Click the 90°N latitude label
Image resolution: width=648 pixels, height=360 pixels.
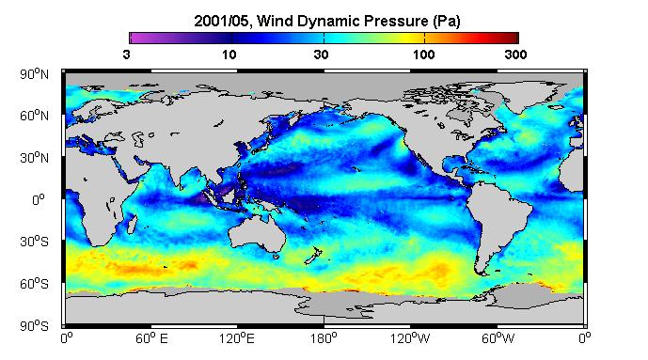pos(34,74)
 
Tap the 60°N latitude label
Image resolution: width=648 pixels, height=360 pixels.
pos(34,116)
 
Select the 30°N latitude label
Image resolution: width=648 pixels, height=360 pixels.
pos(34,158)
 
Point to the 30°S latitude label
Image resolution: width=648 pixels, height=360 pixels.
pos(34,242)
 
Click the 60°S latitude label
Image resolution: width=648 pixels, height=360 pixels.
pos(34,284)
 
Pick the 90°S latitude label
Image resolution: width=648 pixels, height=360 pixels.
pos(34,326)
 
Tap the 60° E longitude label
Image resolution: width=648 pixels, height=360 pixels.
pos(151,339)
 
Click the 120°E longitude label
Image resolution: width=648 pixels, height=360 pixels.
pos(237,339)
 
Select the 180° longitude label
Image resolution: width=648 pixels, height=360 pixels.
pos(324,339)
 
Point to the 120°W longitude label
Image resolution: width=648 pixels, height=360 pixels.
pos(410,339)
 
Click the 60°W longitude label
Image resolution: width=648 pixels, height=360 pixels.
pos(498,339)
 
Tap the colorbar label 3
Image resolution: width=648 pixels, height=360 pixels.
pos(126,55)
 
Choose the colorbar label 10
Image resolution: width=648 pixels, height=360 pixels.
pos(229,55)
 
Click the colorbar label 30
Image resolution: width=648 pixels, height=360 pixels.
pos(321,55)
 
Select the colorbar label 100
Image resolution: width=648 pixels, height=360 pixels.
pos(424,55)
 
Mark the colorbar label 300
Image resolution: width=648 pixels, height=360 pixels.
pos(515,55)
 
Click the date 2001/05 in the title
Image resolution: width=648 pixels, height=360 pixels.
pos(221,21)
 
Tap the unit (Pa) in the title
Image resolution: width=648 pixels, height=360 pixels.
pos(447,22)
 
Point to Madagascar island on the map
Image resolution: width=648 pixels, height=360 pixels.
pos(132,224)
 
